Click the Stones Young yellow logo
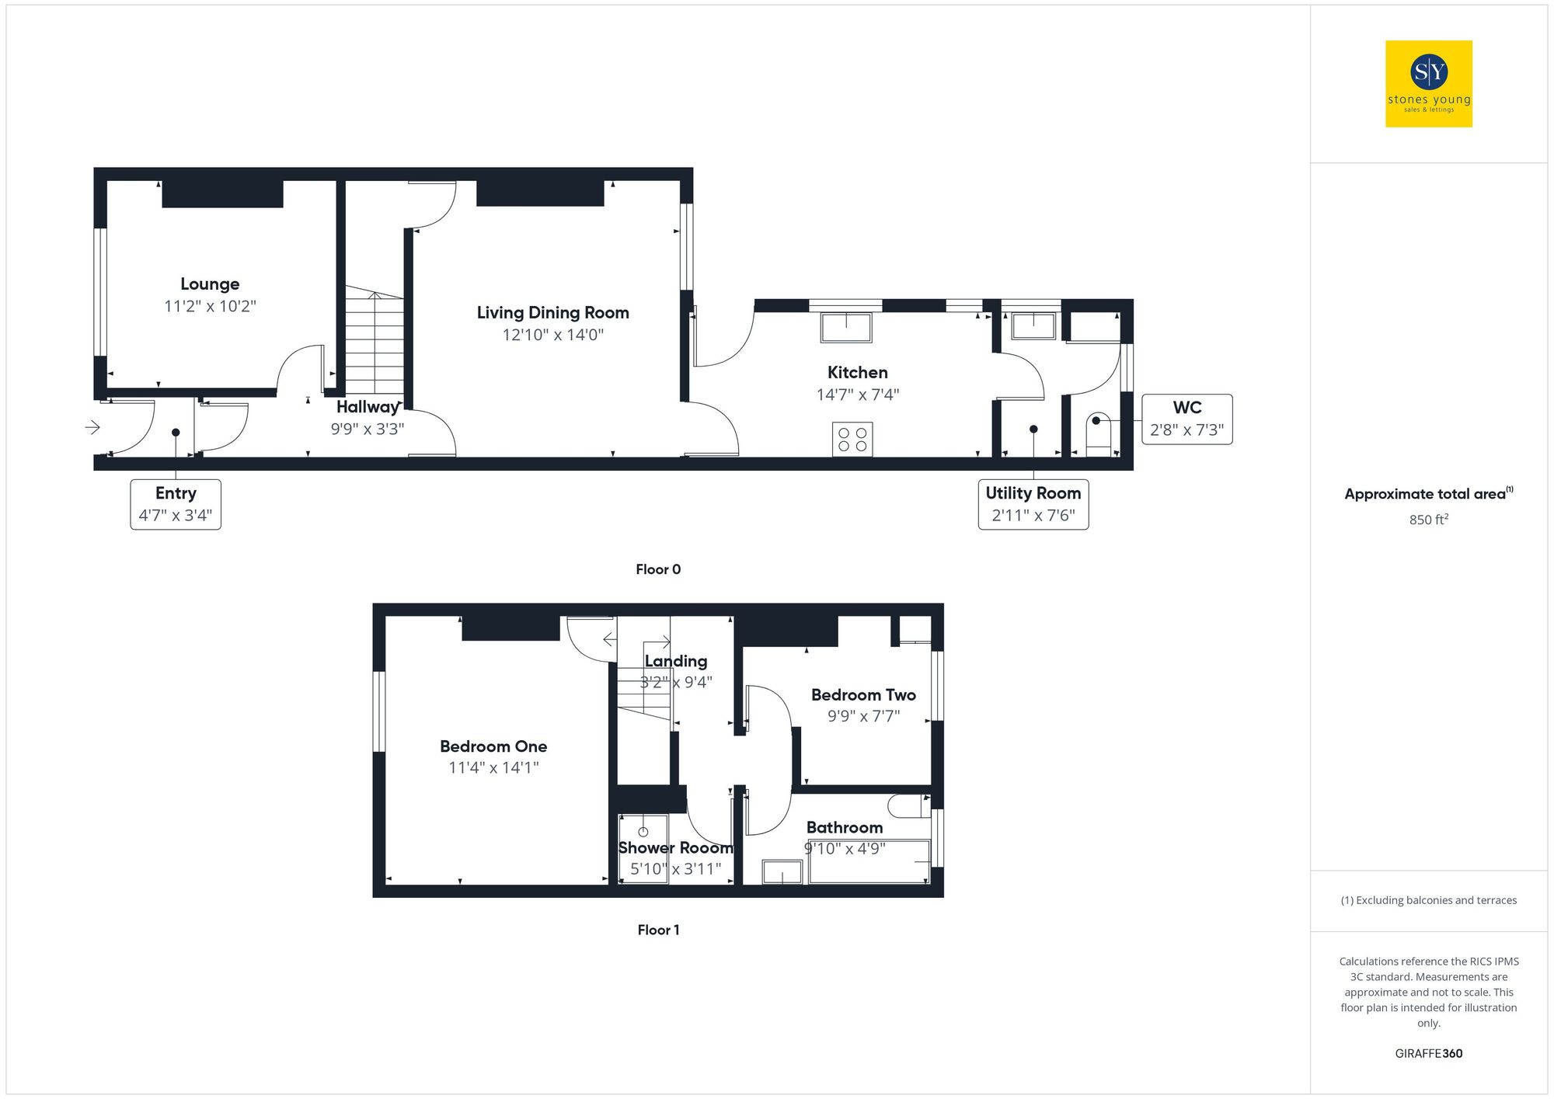1428,84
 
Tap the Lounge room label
210,284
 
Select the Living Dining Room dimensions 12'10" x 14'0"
552,335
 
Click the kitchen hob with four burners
852,439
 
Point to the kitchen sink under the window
846,327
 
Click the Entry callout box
176,504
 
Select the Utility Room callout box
1033,504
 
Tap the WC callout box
1186,419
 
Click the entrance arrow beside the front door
92,427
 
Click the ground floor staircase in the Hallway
375,342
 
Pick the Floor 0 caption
658,569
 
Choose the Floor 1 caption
658,930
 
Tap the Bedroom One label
493,746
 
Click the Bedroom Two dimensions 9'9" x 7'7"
863,716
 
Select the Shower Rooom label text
675,848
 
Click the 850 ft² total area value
1428,520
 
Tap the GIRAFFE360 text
1428,1053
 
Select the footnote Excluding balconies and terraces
1428,900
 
